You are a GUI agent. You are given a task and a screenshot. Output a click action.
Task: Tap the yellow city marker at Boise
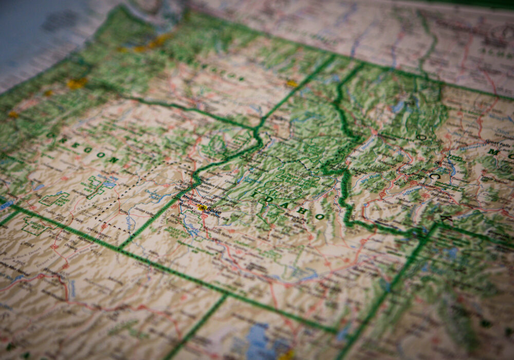[x=202, y=208]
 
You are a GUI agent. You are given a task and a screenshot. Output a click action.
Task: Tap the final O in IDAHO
[x=319, y=217]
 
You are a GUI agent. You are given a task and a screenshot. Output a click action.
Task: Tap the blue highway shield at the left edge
[x=5, y=205]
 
